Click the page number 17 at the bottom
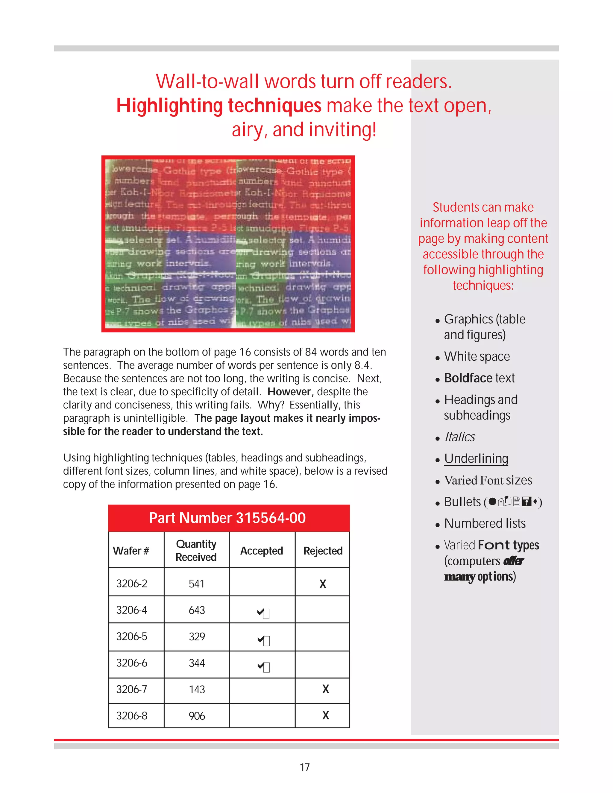(305, 767)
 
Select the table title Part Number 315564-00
(227, 518)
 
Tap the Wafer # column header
(131, 551)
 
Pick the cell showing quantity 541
(196, 584)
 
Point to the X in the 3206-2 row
(322, 584)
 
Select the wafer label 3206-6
(131, 663)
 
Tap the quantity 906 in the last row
(196, 716)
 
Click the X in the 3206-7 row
(325, 689)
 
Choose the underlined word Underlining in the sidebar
(476, 458)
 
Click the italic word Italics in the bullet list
(460, 437)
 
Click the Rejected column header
(323, 551)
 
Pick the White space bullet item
(477, 356)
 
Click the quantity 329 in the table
(196, 636)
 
